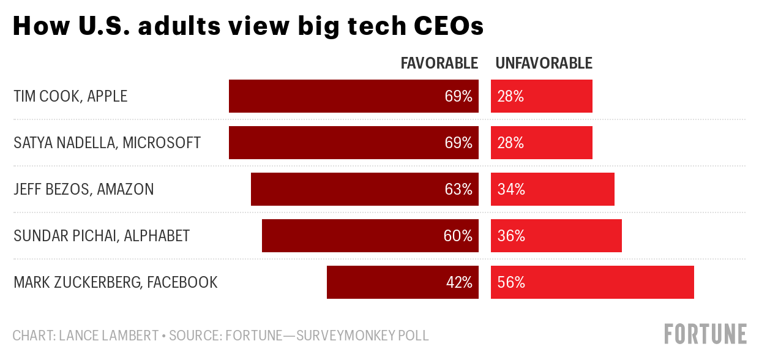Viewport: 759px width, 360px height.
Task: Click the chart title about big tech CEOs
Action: pyautogui.click(x=248, y=26)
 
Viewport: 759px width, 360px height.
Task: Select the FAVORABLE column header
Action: pyautogui.click(x=439, y=63)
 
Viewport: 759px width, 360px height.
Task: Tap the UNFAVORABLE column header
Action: pyautogui.click(x=544, y=63)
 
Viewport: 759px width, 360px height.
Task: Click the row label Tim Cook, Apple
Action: pyautogui.click(x=70, y=96)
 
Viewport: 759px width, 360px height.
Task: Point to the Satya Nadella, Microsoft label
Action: pyautogui.click(x=107, y=143)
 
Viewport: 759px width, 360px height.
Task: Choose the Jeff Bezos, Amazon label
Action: pyautogui.click(x=84, y=189)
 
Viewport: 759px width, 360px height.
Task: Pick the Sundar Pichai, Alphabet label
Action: pyautogui.click(x=102, y=236)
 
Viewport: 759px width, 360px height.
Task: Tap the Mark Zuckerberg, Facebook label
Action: pyautogui.click(x=116, y=282)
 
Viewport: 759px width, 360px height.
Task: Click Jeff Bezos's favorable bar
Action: pyautogui.click(x=343, y=189)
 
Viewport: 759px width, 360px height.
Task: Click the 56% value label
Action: pyautogui.click(x=511, y=282)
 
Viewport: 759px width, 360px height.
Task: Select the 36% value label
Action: pyautogui.click(x=511, y=236)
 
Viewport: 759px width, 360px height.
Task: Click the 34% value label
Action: pyautogui.click(x=511, y=189)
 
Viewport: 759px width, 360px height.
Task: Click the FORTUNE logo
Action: pyautogui.click(x=705, y=334)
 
